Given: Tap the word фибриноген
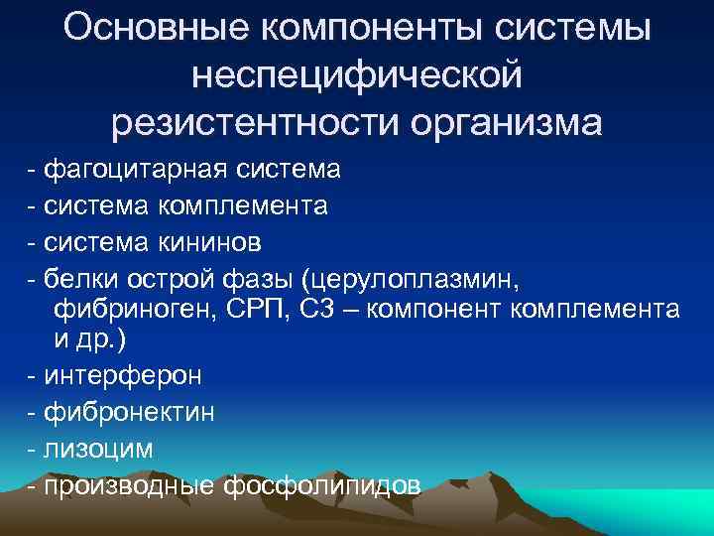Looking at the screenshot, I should click(x=123, y=310).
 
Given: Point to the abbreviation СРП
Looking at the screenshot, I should click(x=246, y=310).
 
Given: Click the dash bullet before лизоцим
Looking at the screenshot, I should click(x=34, y=448).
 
